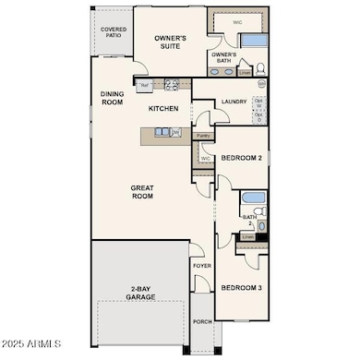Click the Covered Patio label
tap(114, 33)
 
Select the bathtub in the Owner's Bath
tap(252, 42)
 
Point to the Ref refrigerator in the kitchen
tap(144, 86)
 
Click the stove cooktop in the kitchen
tap(171, 86)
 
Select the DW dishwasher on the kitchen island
tap(175, 132)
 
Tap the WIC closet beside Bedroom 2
tap(205, 158)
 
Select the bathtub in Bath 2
tap(253, 200)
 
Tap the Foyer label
tap(202, 266)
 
